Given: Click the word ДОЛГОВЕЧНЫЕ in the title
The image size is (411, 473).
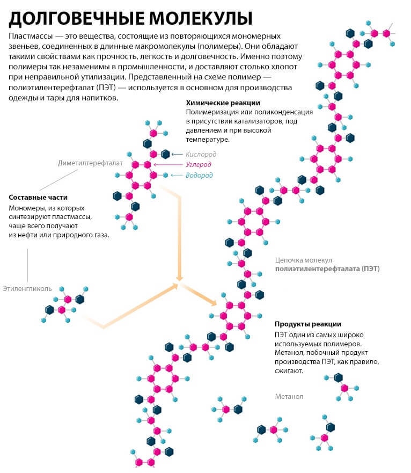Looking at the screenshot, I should point(72,18).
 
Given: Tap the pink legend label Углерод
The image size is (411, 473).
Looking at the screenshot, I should point(198,164).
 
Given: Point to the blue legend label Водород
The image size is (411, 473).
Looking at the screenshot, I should point(199,175).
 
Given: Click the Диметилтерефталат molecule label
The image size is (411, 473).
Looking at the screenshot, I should point(91,163).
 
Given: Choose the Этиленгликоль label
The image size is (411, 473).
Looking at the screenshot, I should point(27,288).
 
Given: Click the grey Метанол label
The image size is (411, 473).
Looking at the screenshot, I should point(289,397).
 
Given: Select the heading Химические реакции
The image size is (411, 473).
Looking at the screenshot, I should point(223,103).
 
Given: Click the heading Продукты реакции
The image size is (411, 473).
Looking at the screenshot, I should point(308,324).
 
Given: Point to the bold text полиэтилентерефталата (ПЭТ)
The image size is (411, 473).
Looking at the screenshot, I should point(327,268).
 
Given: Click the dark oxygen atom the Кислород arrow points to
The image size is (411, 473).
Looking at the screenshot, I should point(165,154).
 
